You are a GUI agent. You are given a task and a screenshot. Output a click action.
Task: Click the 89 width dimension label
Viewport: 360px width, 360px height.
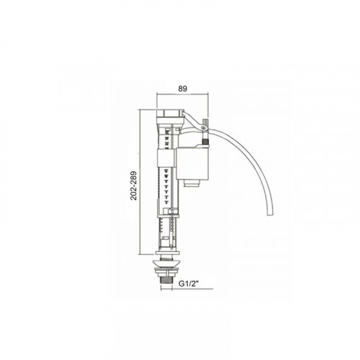[182, 89]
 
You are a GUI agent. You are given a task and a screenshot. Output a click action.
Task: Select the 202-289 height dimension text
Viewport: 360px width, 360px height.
[134, 186]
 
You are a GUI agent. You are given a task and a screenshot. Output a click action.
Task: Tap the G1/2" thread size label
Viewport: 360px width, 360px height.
[188, 284]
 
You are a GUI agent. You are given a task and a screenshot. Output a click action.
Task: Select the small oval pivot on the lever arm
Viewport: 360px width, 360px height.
[204, 127]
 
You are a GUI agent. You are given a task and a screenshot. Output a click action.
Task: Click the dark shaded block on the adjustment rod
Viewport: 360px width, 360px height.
[205, 141]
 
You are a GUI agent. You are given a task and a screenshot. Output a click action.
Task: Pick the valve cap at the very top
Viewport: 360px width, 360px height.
[169, 113]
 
